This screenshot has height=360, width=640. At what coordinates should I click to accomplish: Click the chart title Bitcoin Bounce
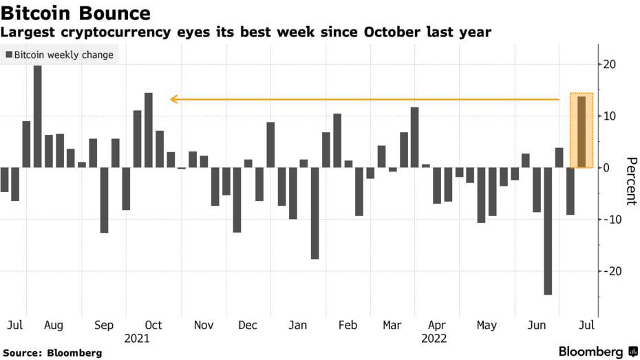coord(76,12)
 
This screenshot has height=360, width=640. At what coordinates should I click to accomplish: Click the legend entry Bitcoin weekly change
coord(59,54)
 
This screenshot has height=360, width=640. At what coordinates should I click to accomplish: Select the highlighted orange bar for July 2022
coord(582,131)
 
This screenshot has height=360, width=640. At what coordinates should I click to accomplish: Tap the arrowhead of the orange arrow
coord(174,99)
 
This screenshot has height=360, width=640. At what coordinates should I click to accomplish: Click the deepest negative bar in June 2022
coord(548,231)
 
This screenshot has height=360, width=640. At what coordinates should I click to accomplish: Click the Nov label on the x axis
coord(204,326)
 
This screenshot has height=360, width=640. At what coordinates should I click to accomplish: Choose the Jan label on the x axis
coord(297,326)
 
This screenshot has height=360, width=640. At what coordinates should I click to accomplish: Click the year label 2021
coord(137,339)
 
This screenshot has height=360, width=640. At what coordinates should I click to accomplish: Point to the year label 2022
coord(435,339)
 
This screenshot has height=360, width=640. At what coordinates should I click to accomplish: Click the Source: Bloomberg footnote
coord(52,353)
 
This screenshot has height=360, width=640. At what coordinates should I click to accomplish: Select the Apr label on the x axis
coord(436,326)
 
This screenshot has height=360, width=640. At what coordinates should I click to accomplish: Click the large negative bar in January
coord(314,213)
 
